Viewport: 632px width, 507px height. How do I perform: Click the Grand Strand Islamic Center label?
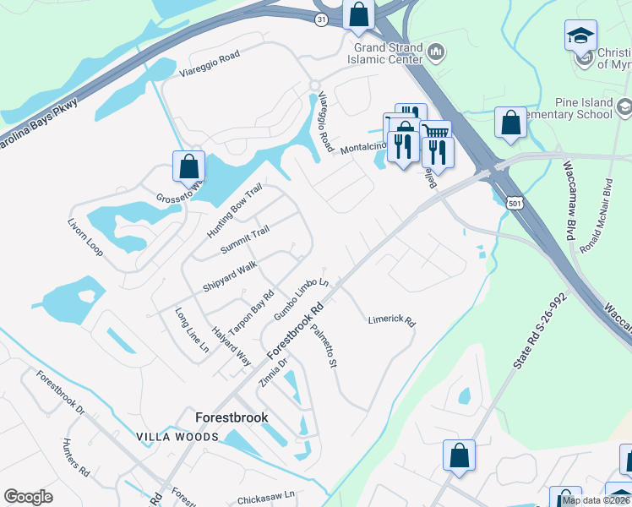[384, 52]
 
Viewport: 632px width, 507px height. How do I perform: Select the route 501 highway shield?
[516, 204]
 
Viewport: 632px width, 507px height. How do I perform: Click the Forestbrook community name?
[232, 417]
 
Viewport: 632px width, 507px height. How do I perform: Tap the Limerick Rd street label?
[392, 321]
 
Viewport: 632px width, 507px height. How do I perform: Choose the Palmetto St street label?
[324, 346]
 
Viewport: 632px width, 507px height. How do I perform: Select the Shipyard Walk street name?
[229, 277]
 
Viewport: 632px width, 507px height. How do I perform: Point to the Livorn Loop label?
[84, 239]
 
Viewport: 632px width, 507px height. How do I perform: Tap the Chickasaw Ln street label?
[264, 495]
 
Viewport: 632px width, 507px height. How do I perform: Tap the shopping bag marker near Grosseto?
[188, 165]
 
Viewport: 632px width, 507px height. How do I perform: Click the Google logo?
[28, 497]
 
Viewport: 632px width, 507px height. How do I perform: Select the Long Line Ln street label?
[192, 330]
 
